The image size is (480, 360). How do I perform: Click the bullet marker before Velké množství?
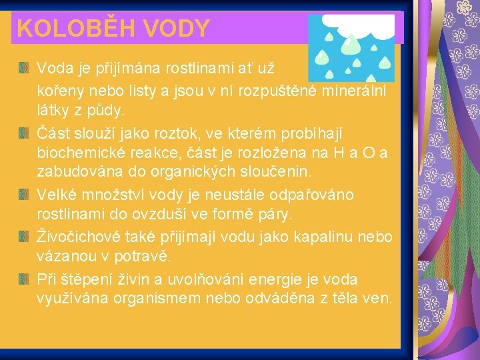[24, 194]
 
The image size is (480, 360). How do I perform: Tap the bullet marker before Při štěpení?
[24, 278]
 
